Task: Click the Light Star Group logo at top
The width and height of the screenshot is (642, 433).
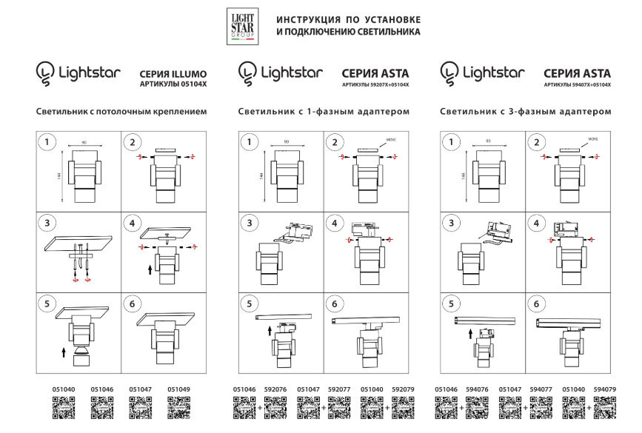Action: click(x=242, y=26)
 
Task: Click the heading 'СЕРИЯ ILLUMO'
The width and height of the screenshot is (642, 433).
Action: click(x=173, y=74)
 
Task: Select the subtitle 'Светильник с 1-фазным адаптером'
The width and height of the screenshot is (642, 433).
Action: click(x=324, y=112)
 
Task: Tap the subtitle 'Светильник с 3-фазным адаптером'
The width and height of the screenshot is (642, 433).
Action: click(x=526, y=112)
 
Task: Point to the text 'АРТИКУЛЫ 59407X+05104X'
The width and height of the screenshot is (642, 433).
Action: click(x=578, y=85)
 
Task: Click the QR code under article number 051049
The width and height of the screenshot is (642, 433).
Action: click(x=178, y=408)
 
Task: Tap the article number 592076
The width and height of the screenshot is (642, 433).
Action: click(x=275, y=389)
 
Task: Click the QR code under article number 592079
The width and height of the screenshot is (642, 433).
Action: click(x=402, y=408)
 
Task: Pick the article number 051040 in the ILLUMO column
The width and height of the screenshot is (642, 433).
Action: click(x=63, y=389)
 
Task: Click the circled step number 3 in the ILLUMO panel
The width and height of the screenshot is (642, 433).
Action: click(x=47, y=222)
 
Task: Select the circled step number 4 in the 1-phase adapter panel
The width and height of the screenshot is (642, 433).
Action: click(x=334, y=222)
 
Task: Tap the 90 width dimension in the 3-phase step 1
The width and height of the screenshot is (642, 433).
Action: click(x=488, y=141)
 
